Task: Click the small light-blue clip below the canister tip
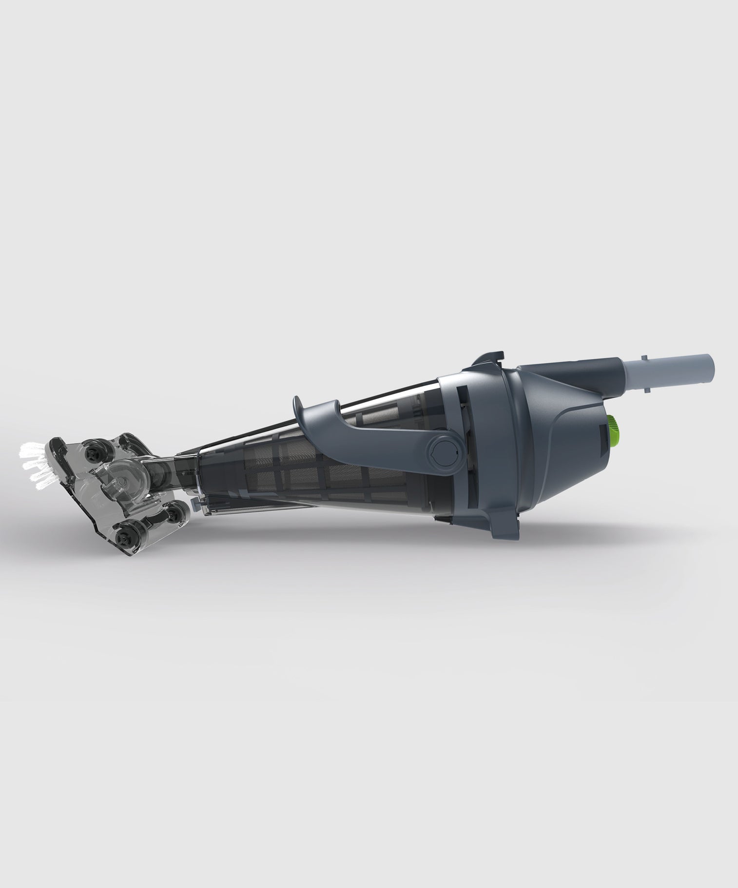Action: tap(194, 501)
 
